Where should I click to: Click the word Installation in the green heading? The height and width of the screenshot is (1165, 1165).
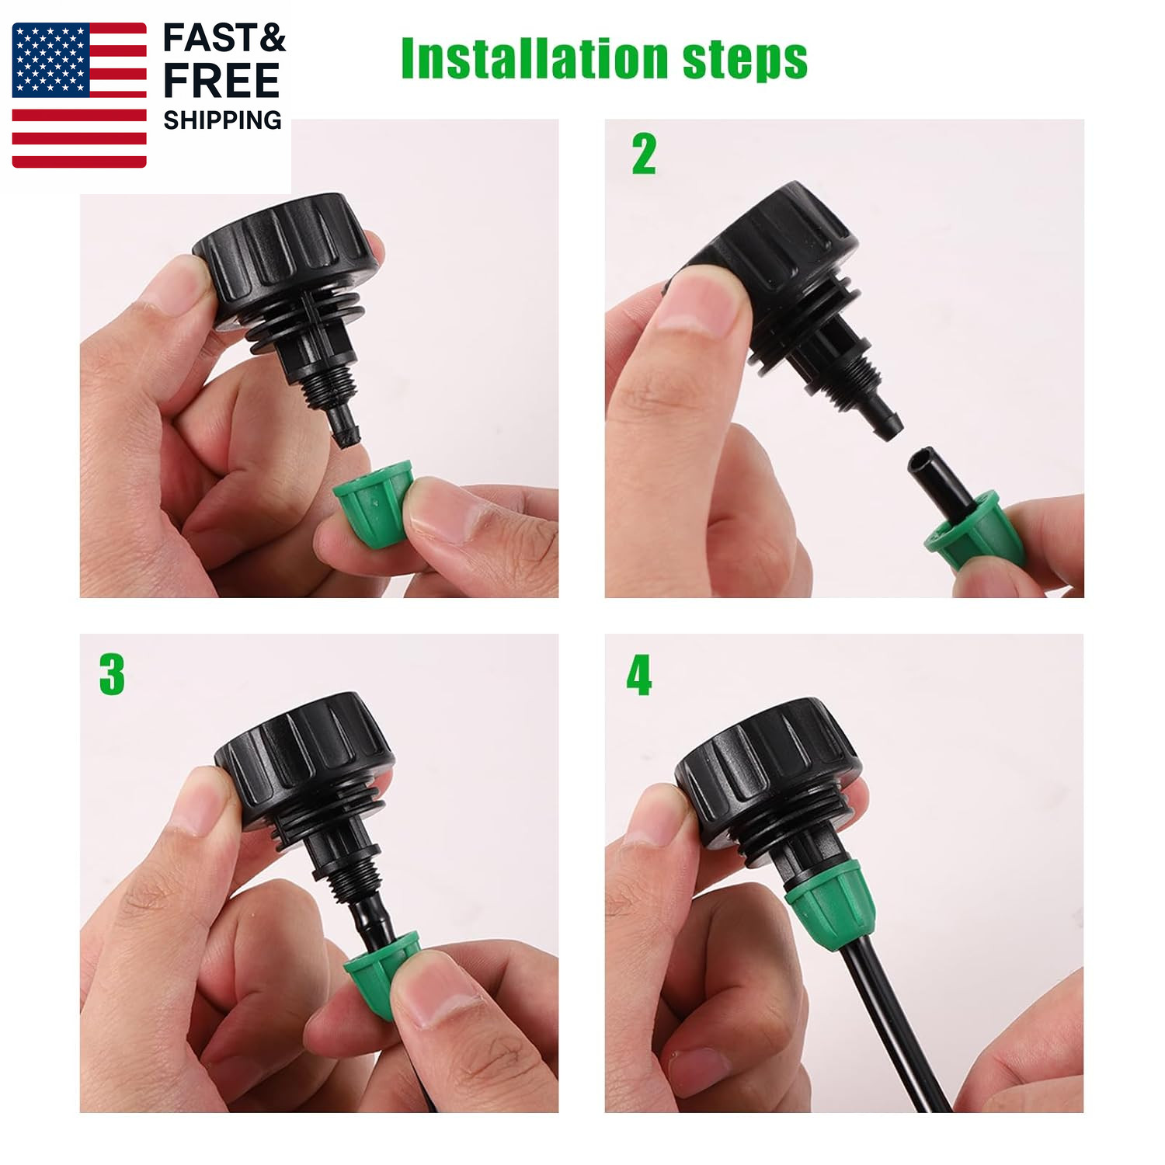click(x=534, y=58)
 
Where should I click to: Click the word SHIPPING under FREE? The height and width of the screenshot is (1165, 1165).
click(x=222, y=120)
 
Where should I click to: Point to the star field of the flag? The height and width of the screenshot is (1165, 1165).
click(x=50, y=60)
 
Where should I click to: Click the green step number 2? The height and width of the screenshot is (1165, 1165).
click(x=644, y=154)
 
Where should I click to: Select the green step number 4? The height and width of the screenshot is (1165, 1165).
click(x=639, y=674)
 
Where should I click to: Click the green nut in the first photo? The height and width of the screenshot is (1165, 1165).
click(x=371, y=502)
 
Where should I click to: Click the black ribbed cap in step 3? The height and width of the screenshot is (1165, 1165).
click(x=304, y=757)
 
